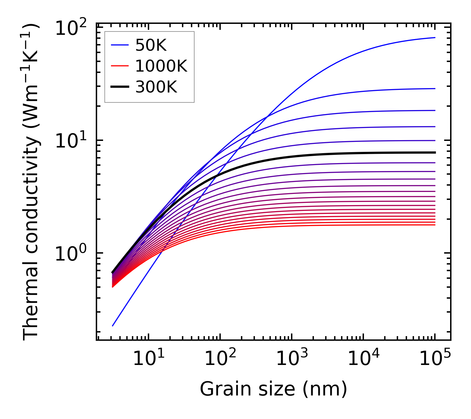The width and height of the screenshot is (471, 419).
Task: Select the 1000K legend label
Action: [161, 66]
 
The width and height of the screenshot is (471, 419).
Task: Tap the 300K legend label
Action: [156, 87]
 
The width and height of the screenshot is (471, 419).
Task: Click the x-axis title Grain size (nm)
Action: [273, 389]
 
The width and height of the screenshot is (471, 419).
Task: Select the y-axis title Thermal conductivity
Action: [31, 182]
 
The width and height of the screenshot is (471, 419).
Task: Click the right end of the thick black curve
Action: [435, 152]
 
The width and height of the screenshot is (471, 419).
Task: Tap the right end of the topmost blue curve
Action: [435, 37]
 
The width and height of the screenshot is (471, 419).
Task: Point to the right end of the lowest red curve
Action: [435, 225]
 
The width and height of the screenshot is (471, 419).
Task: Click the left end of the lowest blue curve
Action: [113, 326]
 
